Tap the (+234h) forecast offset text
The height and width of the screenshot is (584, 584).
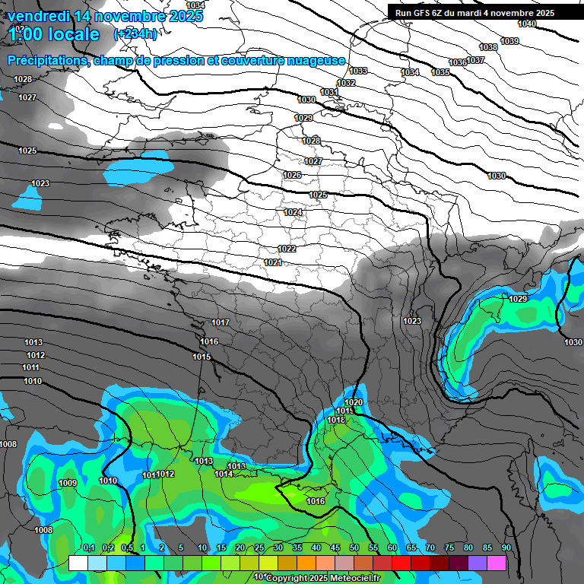pyautogui.click(x=135, y=33)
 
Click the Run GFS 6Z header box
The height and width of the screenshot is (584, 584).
pyautogui.click(x=474, y=13)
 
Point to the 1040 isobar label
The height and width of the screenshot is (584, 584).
pyautogui.click(x=527, y=24)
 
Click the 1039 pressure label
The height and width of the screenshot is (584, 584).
pyautogui.click(x=509, y=41)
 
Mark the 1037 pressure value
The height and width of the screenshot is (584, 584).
pyautogui.click(x=476, y=60)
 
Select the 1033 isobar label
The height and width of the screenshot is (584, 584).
pyautogui.click(x=358, y=71)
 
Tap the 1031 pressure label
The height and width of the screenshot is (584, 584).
pyautogui.click(x=328, y=92)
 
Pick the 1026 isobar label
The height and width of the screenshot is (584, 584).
pyautogui.click(x=292, y=175)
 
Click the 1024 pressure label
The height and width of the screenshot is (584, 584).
pyautogui.click(x=293, y=212)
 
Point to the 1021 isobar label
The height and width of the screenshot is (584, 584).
pyautogui.click(x=273, y=262)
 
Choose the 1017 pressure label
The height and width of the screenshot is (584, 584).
pyautogui.click(x=221, y=323)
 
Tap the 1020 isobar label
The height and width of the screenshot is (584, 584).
pyautogui.click(x=354, y=402)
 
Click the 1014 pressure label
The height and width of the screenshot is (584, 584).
pyautogui.click(x=224, y=474)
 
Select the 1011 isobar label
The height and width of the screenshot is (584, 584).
pyautogui.click(x=31, y=367)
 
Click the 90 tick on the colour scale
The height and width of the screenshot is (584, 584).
pyautogui.click(x=506, y=548)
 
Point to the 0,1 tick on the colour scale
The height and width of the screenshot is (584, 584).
pyautogui.click(x=88, y=548)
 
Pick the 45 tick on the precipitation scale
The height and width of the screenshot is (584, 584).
pyautogui.click(x=335, y=548)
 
